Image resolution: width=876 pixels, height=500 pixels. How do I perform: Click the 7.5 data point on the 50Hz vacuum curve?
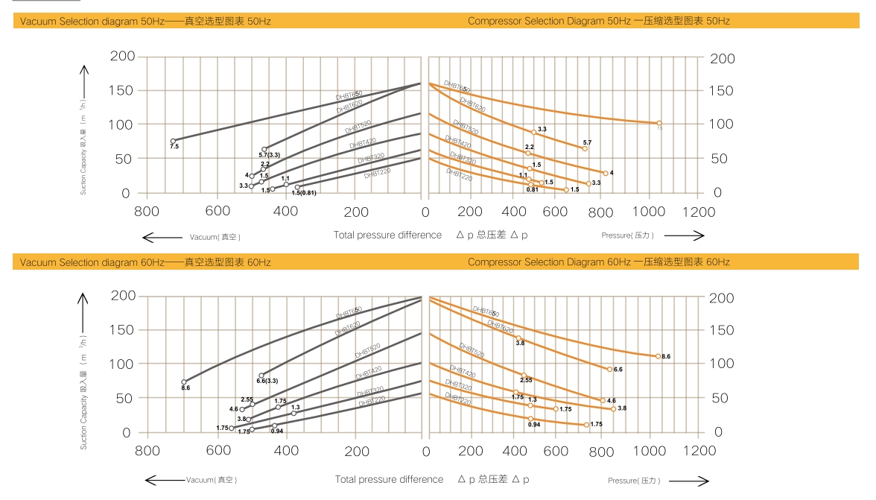click(173, 141)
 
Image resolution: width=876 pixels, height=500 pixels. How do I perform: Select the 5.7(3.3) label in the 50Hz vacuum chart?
click(269, 155)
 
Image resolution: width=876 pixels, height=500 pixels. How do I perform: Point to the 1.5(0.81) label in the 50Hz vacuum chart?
click(303, 193)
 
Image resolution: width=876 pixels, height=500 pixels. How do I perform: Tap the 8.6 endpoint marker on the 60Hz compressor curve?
click(658, 356)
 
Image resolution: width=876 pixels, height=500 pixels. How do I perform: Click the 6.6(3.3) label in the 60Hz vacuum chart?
click(267, 381)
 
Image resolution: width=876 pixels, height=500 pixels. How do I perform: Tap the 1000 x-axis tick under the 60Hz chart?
click(653, 451)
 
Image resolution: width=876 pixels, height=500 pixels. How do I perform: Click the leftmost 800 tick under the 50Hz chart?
click(147, 212)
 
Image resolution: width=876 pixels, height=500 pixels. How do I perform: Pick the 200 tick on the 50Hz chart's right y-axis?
click(722, 59)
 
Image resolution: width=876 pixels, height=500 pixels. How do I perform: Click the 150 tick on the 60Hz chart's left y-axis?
click(121, 329)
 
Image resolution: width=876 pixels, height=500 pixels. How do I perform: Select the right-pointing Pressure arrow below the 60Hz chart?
click(686, 481)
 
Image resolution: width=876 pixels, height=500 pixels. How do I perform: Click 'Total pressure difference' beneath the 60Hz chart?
click(389, 480)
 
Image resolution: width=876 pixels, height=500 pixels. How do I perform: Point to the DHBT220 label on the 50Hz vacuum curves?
click(378, 174)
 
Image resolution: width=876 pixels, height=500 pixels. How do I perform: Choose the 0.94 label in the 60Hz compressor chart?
click(533, 425)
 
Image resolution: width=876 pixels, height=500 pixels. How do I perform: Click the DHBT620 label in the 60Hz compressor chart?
click(501, 327)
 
